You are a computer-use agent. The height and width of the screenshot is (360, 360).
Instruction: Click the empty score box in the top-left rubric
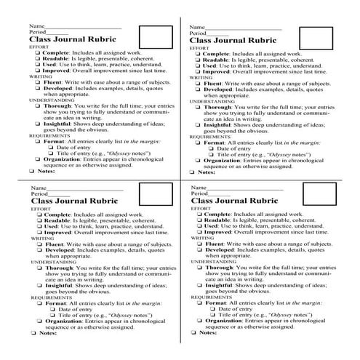click(151, 36)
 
